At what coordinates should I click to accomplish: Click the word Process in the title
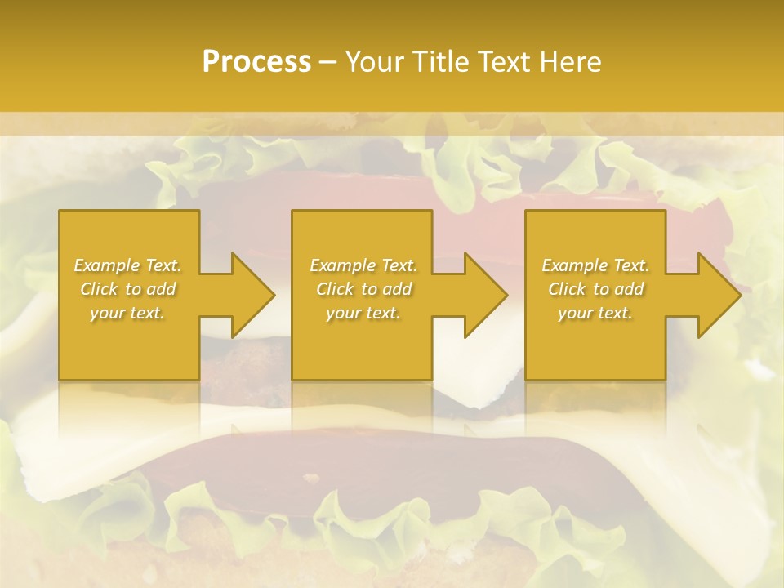[x=256, y=62]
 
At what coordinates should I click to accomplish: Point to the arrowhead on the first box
[x=249, y=295]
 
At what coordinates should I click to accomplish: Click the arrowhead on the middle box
[x=483, y=295]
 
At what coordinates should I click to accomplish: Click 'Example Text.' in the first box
[x=127, y=265]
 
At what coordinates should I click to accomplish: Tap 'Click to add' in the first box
[x=127, y=289]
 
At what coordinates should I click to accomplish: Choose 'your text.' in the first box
[x=127, y=313]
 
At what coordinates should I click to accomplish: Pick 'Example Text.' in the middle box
[x=363, y=265]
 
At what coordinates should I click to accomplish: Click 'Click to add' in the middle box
[x=363, y=289]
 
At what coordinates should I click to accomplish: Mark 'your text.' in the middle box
[x=363, y=313]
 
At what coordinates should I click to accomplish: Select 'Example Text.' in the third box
[x=595, y=265]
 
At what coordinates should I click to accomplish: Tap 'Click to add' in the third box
[x=595, y=289]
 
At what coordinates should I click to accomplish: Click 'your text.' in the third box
[x=595, y=313]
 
